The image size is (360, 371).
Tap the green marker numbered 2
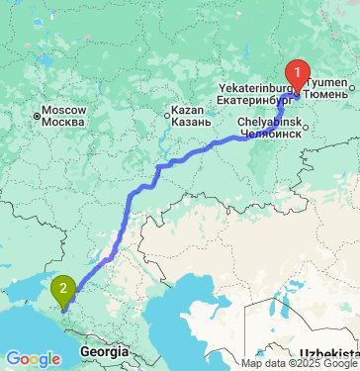coord(64,290)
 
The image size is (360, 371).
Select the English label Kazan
coord(187,109)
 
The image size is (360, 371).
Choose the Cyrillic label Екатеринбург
coord(251,99)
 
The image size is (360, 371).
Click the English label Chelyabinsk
coord(266,120)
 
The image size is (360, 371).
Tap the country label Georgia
coord(105,352)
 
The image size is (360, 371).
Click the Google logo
coord(33,358)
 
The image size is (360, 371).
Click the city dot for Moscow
coord(37,116)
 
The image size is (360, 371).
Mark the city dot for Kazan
coord(165,116)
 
